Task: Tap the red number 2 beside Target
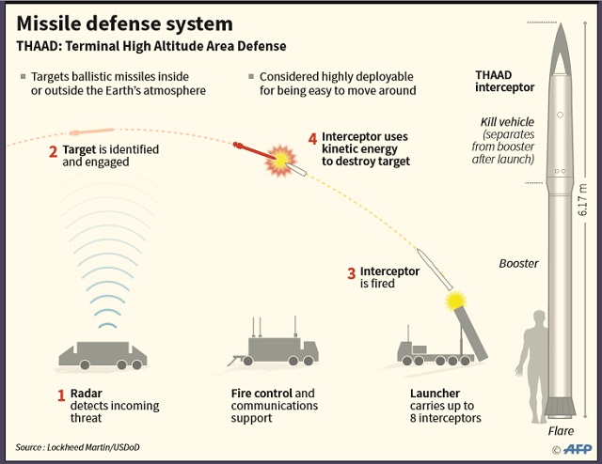[54, 150]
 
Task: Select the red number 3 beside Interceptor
[352, 273]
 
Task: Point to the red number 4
[312, 138]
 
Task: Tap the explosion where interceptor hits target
[279, 161]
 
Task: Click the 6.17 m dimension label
[583, 206]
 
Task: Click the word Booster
[518, 264]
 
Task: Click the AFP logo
[575, 448]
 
